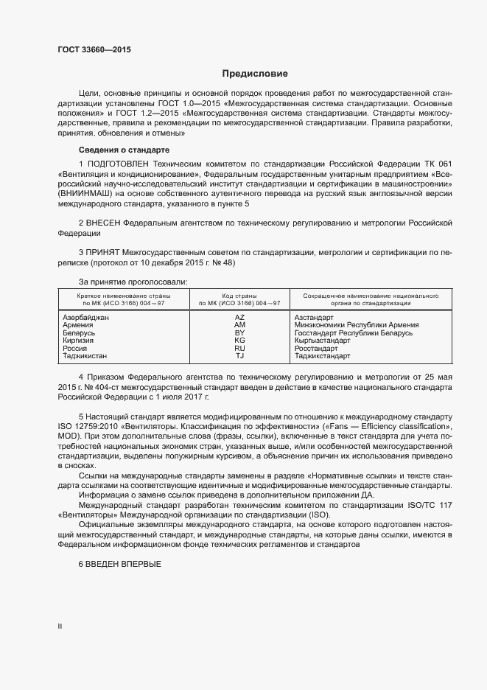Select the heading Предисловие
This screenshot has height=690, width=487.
[255, 74]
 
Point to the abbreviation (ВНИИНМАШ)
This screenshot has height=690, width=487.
[85, 193]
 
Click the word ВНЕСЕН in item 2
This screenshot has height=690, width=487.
[102, 221]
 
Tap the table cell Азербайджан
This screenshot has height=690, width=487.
[86, 317]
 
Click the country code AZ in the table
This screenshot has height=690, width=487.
[239, 317]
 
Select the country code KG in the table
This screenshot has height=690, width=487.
[239, 341]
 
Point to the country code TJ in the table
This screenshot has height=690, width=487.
[239, 356]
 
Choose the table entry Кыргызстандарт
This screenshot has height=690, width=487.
[323, 341]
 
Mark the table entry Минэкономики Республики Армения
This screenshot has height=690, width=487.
[356, 325]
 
